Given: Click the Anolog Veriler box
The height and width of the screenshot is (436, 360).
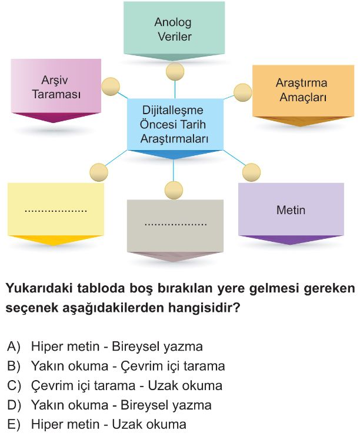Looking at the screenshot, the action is point(174,31).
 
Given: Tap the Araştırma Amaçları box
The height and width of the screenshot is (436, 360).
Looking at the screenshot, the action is point(303,95).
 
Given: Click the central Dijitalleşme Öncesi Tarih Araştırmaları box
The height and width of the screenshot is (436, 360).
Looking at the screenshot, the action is point(175,128).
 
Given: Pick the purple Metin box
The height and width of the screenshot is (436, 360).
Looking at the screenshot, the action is point(291,213).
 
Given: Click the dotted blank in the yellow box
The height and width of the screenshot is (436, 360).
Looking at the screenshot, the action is point(56,211).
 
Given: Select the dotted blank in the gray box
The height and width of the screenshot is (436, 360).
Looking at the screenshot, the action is point(175,224).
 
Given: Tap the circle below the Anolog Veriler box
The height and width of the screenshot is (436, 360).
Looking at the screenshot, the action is point(175,71).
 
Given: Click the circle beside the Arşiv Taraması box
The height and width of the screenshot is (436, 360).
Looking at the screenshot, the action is point(111,86).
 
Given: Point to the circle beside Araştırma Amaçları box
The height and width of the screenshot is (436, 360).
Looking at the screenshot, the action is point(243,92).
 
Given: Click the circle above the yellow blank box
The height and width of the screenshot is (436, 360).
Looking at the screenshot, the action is point(99,172).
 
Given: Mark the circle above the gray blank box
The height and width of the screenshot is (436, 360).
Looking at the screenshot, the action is point(174,190).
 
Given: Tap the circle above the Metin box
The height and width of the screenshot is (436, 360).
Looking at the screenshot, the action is point(251,172).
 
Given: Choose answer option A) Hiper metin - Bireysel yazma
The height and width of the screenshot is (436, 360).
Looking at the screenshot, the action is point(105,347).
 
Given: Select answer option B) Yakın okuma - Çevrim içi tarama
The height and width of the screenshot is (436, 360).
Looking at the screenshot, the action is point(116,366).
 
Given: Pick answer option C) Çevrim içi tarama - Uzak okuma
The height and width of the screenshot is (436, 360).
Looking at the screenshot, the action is point(115,385).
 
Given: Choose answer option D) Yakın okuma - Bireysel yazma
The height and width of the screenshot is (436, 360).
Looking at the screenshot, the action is point(109,405).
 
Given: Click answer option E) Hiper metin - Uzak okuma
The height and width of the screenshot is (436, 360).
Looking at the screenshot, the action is point(96,425).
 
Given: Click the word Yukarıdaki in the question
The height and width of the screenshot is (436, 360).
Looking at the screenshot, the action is point(38,288).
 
